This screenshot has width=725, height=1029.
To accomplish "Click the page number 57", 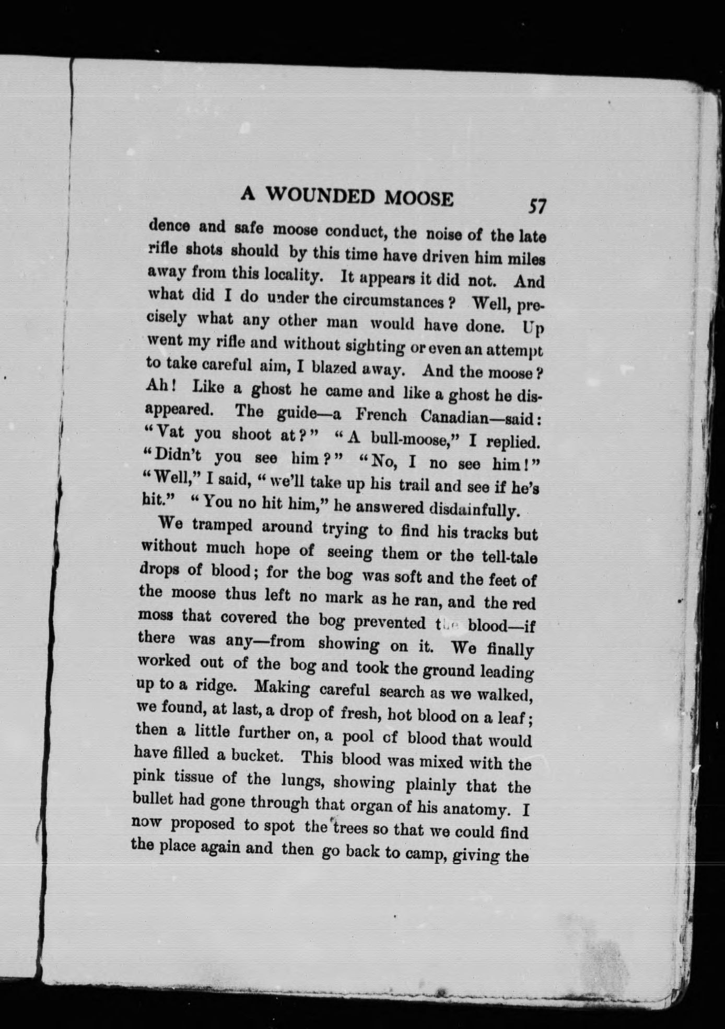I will tap(537, 206).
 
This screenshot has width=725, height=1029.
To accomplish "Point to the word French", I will tap(381, 415).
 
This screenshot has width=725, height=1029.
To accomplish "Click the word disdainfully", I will tap(473, 509).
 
